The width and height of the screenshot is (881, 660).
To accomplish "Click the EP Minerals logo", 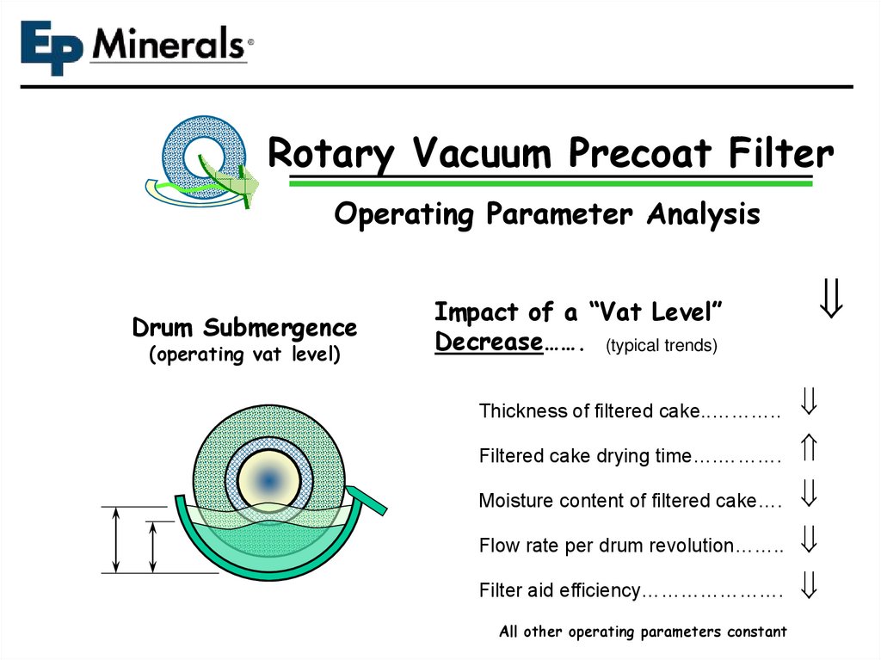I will pyautogui.click(x=136, y=46).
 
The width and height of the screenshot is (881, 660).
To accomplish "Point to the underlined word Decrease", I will pyautogui.click(x=487, y=342).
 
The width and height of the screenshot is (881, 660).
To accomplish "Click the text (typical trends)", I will pyautogui.click(x=661, y=346).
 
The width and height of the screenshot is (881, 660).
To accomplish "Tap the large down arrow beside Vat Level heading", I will pyautogui.click(x=830, y=302).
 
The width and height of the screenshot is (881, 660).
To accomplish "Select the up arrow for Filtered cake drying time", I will pyautogui.click(x=808, y=447).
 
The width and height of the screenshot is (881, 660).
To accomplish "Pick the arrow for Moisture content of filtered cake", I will pyautogui.click(x=808, y=493).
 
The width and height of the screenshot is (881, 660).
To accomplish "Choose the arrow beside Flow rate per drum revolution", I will pyautogui.click(x=808, y=539).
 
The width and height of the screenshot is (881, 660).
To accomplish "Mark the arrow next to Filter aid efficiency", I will pyautogui.click(x=808, y=585).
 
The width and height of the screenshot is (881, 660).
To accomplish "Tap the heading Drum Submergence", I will pyautogui.click(x=244, y=328).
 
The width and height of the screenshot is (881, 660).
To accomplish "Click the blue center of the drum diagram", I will pyautogui.click(x=268, y=479).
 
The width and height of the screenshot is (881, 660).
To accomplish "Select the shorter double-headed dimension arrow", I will pyautogui.click(x=153, y=546).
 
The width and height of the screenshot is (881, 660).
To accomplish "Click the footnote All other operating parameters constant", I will pyautogui.click(x=643, y=632).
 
